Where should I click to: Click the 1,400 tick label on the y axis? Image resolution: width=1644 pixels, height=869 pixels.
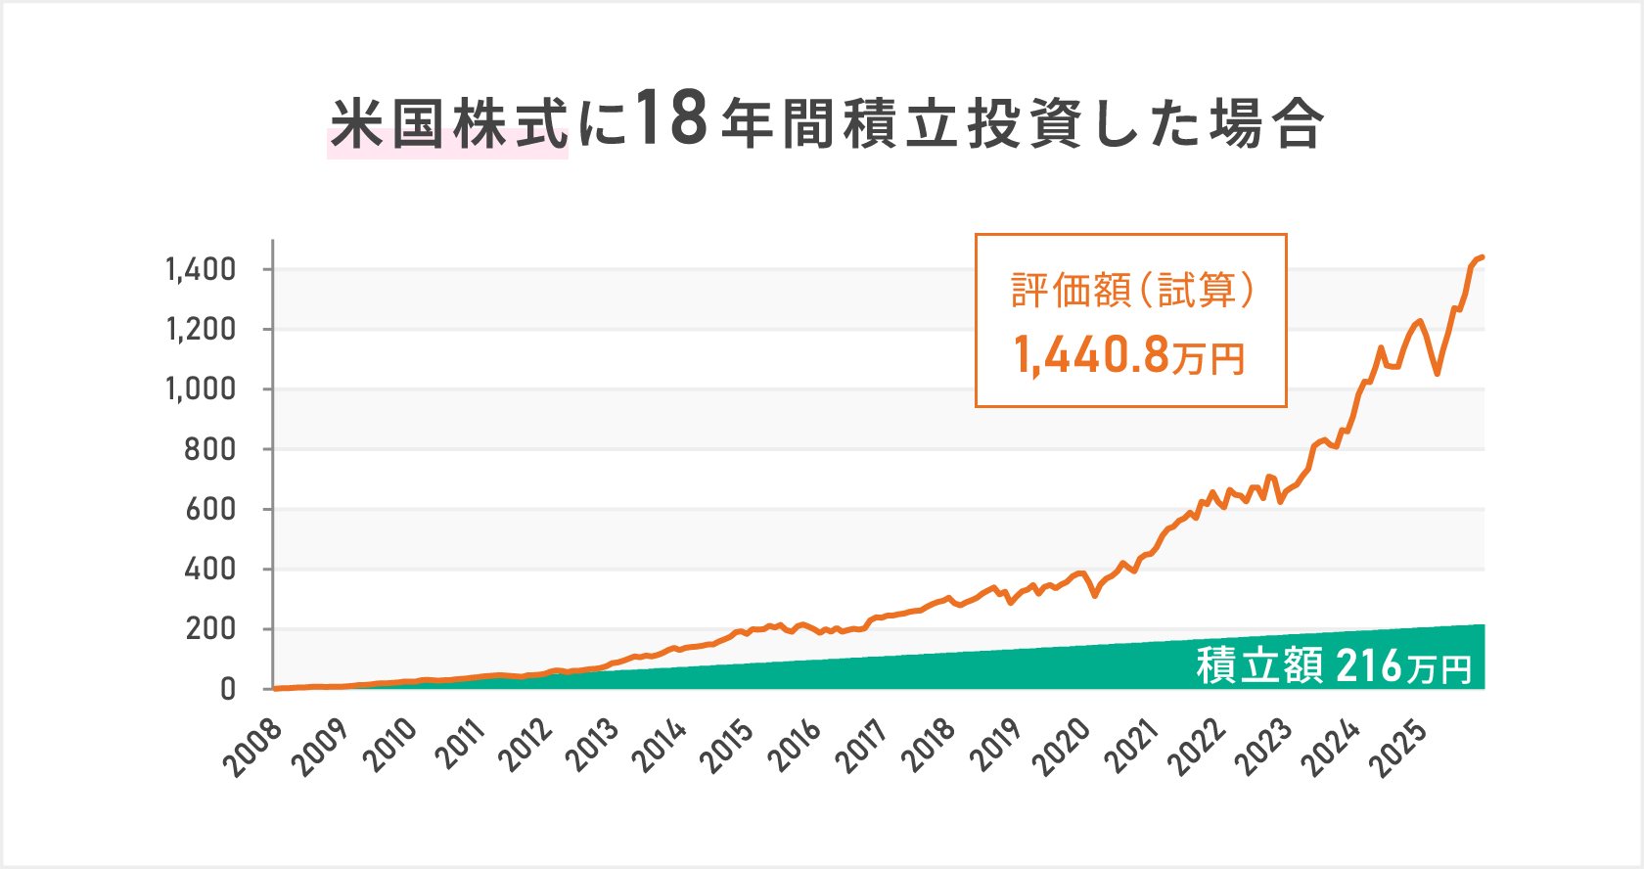[x=201, y=269]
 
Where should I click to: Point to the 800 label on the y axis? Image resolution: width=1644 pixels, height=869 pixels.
[x=210, y=449]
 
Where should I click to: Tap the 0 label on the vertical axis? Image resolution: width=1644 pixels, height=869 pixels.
[x=227, y=689]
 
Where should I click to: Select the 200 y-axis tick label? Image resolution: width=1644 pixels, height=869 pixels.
[x=210, y=629]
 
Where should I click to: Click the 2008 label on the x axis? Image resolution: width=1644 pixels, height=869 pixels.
[x=253, y=749]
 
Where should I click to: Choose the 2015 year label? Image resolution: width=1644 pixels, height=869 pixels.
[x=727, y=749]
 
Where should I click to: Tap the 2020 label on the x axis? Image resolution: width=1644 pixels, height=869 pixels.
[x=1064, y=749]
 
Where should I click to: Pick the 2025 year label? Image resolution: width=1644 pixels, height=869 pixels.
[x=1402, y=749]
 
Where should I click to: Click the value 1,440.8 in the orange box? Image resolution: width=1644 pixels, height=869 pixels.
[x=1092, y=354]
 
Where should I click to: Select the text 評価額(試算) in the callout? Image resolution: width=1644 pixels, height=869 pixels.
[x=1131, y=291]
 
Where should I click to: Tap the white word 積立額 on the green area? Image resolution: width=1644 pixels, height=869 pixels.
[x=1259, y=666]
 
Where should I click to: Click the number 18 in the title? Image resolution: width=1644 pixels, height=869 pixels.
[x=671, y=119]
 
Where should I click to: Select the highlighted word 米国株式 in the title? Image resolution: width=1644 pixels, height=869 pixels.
[x=448, y=125]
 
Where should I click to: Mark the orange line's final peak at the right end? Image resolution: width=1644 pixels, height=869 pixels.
[x=1482, y=257]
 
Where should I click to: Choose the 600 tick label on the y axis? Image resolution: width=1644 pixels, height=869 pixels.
[x=210, y=509]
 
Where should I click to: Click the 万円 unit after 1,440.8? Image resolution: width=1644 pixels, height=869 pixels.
[x=1209, y=359]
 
